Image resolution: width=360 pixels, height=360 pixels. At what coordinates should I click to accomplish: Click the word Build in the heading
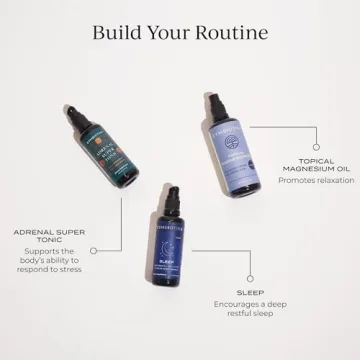[x=118, y=32]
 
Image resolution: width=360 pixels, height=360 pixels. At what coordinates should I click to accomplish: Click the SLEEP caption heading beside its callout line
[x=250, y=292]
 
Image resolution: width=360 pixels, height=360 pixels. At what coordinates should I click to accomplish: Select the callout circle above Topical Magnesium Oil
[x=316, y=157]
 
